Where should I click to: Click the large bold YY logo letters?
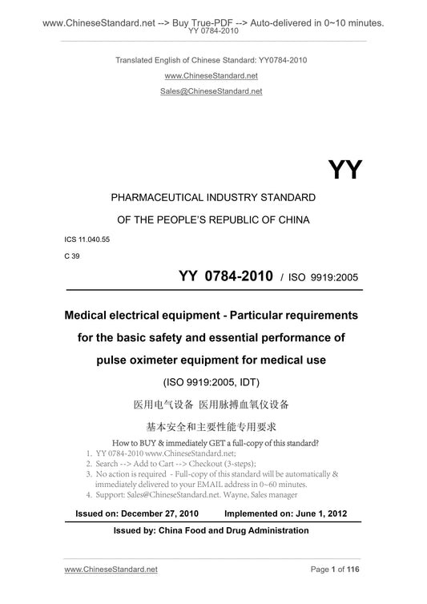(345, 170)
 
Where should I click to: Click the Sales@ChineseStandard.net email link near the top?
(213, 91)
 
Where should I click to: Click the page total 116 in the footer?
(353, 590)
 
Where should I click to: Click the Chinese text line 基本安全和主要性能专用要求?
(213, 425)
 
